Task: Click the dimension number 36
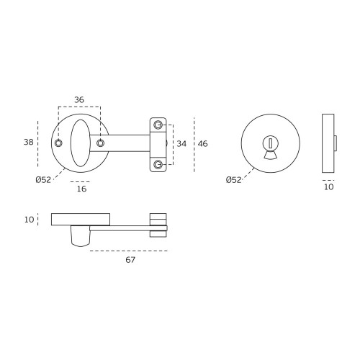pyautogui.click(x=79, y=99)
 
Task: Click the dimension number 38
pyautogui.click(x=29, y=142)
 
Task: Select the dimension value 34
pyautogui.click(x=181, y=144)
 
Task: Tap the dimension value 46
pyautogui.click(x=202, y=144)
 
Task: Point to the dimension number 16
pyautogui.click(x=81, y=189)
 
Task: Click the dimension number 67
pyautogui.click(x=130, y=260)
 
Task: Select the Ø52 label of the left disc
pyautogui.click(x=43, y=180)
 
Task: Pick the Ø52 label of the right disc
pyautogui.click(x=233, y=180)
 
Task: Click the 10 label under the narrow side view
pyautogui.click(x=329, y=187)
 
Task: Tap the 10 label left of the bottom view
pyautogui.click(x=29, y=220)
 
